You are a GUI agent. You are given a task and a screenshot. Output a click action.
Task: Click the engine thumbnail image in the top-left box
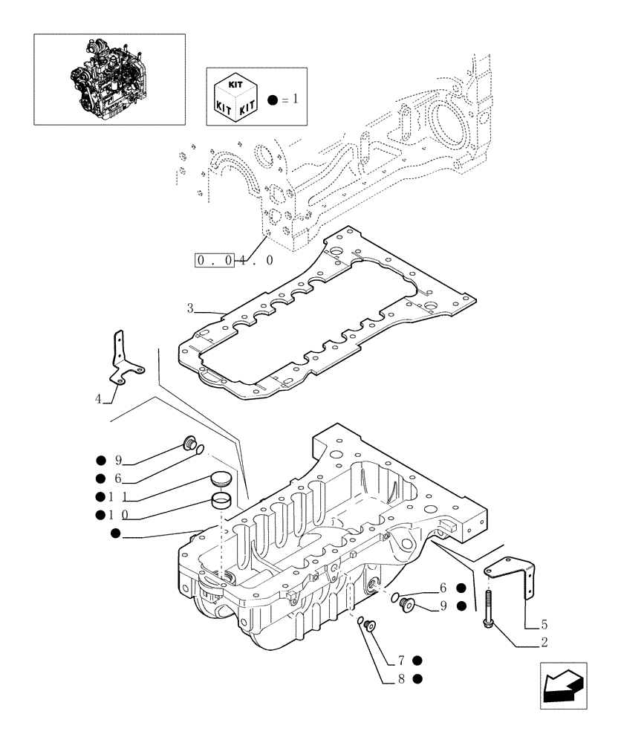tap(109, 79)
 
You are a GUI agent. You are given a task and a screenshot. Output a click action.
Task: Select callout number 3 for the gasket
tap(191, 308)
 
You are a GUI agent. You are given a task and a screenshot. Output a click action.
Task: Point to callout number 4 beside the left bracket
tap(98, 399)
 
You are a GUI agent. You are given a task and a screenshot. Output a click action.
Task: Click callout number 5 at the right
tap(544, 625)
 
